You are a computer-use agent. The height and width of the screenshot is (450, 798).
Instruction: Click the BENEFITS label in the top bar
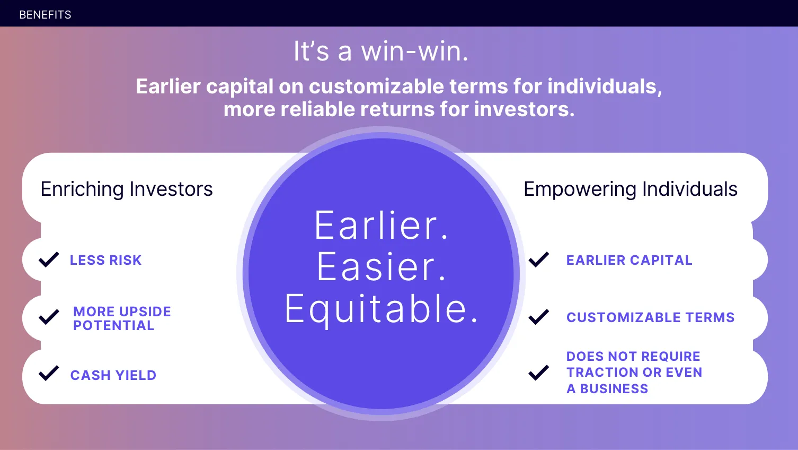(45, 15)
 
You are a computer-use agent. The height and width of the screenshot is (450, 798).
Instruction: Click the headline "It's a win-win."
(381, 51)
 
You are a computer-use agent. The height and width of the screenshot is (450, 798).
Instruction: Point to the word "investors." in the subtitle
(524, 109)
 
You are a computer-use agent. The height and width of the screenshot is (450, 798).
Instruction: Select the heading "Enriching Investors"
(127, 189)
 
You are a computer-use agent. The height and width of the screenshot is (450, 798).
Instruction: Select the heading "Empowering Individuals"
(630, 189)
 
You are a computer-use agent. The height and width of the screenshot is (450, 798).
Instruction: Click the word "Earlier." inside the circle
(381, 226)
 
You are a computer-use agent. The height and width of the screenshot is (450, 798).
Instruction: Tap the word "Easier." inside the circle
(381, 266)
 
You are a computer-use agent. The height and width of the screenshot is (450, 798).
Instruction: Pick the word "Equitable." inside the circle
(381, 309)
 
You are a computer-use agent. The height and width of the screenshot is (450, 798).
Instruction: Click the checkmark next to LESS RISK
(49, 259)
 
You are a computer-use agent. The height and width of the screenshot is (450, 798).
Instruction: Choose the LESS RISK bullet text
(106, 260)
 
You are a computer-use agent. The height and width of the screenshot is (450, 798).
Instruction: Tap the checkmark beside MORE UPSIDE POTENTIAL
(49, 317)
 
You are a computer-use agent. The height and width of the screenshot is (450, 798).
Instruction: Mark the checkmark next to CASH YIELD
(49, 373)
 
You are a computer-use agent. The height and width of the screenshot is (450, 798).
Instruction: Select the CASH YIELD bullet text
(113, 375)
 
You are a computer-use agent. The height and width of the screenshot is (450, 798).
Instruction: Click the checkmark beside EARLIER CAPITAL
(539, 259)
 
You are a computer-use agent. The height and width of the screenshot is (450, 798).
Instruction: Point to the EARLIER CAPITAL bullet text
(629, 260)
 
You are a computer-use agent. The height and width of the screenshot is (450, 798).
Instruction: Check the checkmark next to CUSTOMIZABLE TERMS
(539, 317)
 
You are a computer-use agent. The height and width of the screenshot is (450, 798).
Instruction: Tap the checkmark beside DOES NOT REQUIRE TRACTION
(539, 373)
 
